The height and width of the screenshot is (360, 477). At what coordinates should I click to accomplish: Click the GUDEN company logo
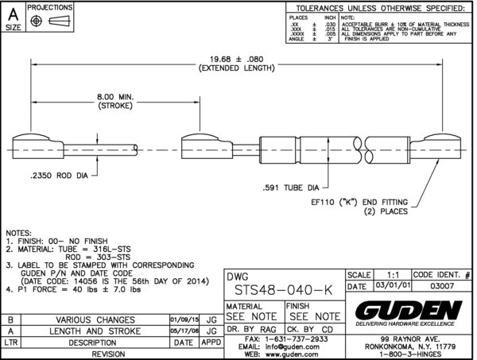tap(408, 310)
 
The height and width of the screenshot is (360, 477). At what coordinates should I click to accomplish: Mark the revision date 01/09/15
tap(185, 319)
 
